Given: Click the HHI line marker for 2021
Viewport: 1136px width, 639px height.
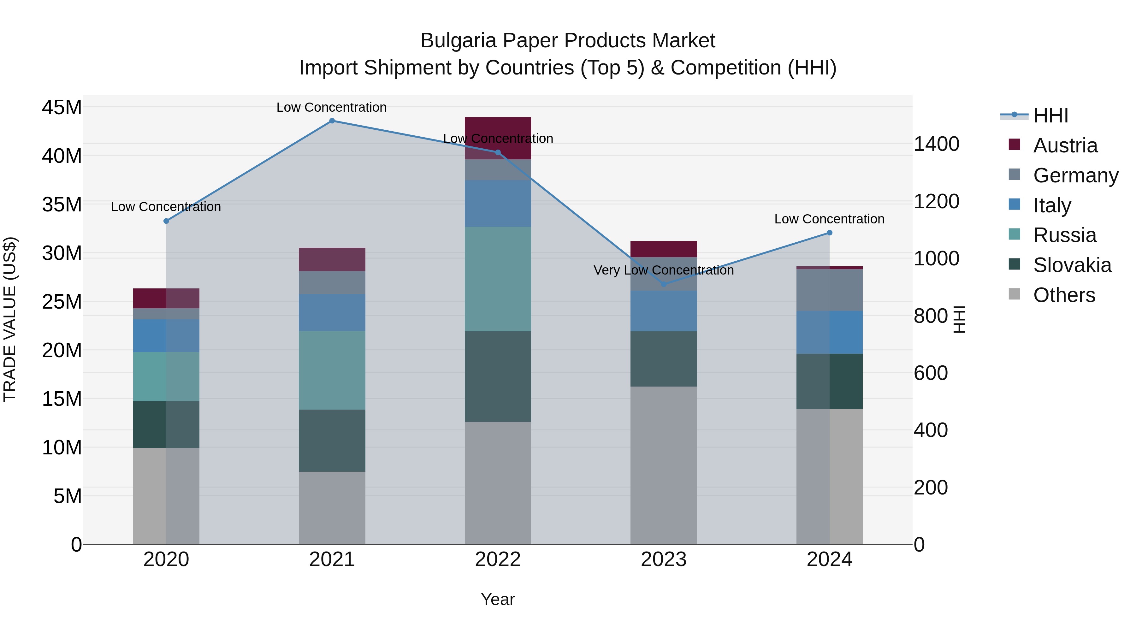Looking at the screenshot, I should pyautogui.click(x=332, y=121).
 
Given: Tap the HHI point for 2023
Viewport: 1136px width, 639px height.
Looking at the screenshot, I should pyautogui.click(x=664, y=284).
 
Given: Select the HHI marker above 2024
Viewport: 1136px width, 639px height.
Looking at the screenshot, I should pyautogui.click(x=830, y=233).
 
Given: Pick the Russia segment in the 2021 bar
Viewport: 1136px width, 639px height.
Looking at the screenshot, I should pyautogui.click(x=332, y=370).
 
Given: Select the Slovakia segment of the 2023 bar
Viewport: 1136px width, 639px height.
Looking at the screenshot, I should pyautogui.click(x=664, y=359).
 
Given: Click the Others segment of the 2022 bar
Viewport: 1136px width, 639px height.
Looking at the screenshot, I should pyautogui.click(x=498, y=483).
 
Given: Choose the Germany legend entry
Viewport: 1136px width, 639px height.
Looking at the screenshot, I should pyautogui.click(x=1075, y=175).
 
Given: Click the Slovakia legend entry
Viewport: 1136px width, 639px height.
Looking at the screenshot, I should pyautogui.click(x=1072, y=265).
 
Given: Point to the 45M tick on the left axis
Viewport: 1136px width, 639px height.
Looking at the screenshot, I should pyautogui.click(x=62, y=108).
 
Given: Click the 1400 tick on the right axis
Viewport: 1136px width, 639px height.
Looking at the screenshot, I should pyautogui.click(x=936, y=144).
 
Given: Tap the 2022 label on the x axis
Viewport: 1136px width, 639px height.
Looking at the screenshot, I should pyautogui.click(x=498, y=559).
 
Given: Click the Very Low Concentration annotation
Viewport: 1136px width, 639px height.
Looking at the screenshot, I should pyautogui.click(x=664, y=270).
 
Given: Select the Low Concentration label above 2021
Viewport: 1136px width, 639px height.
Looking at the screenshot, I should pyautogui.click(x=332, y=107).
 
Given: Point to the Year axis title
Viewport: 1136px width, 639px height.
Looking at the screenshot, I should pyautogui.click(x=498, y=599).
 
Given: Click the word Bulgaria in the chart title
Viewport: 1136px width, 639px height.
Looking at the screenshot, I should pyautogui.click(x=458, y=41).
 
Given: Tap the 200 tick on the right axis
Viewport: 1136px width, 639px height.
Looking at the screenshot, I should pyautogui.click(x=931, y=488).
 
